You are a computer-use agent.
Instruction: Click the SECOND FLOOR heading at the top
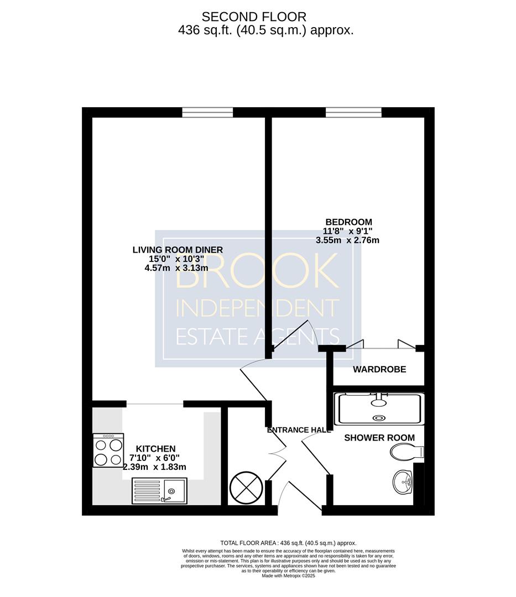tap(254, 17)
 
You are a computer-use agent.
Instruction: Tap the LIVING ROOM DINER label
tap(178, 250)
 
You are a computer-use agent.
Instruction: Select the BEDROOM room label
tap(348, 222)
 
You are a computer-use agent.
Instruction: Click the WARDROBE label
tap(379, 369)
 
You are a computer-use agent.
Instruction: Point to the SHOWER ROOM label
tap(379, 438)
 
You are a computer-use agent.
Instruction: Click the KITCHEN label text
tap(156, 449)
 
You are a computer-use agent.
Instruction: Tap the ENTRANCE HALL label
tap(299, 430)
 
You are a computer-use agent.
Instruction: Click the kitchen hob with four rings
tap(108, 450)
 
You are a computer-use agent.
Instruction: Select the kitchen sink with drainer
tap(160, 491)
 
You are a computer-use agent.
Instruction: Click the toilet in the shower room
tap(406, 452)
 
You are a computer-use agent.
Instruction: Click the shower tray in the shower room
tap(379, 409)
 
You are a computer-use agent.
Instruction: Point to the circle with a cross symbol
tap(246, 488)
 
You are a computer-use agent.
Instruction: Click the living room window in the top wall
tap(207, 112)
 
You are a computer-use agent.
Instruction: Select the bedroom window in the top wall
tap(353, 112)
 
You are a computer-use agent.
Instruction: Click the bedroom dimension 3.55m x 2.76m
tap(347, 240)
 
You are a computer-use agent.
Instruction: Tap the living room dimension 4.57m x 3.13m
tap(176, 268)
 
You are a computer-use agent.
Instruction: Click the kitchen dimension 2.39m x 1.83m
tap(155, 467)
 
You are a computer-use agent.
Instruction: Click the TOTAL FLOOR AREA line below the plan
tap(288, 543)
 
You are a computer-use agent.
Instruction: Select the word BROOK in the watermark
tap(257, 271)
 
